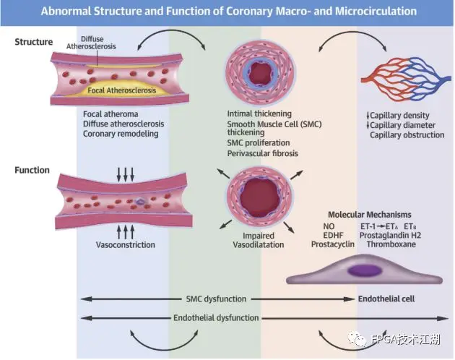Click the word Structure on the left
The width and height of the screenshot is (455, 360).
pyautogui.click(x=34, y=42)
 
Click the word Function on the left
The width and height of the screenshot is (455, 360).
pyautogui.click(x=32, y=171)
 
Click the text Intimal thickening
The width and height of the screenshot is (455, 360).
pyautogui.click(x=259, y=114)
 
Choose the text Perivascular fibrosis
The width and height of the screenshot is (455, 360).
pyautogui.click(x=263, y=154)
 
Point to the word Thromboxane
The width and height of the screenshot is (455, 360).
pyautogui.click(x=389, y=244)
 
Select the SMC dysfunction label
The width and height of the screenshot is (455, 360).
pyautogui.click(x=214, y=299)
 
